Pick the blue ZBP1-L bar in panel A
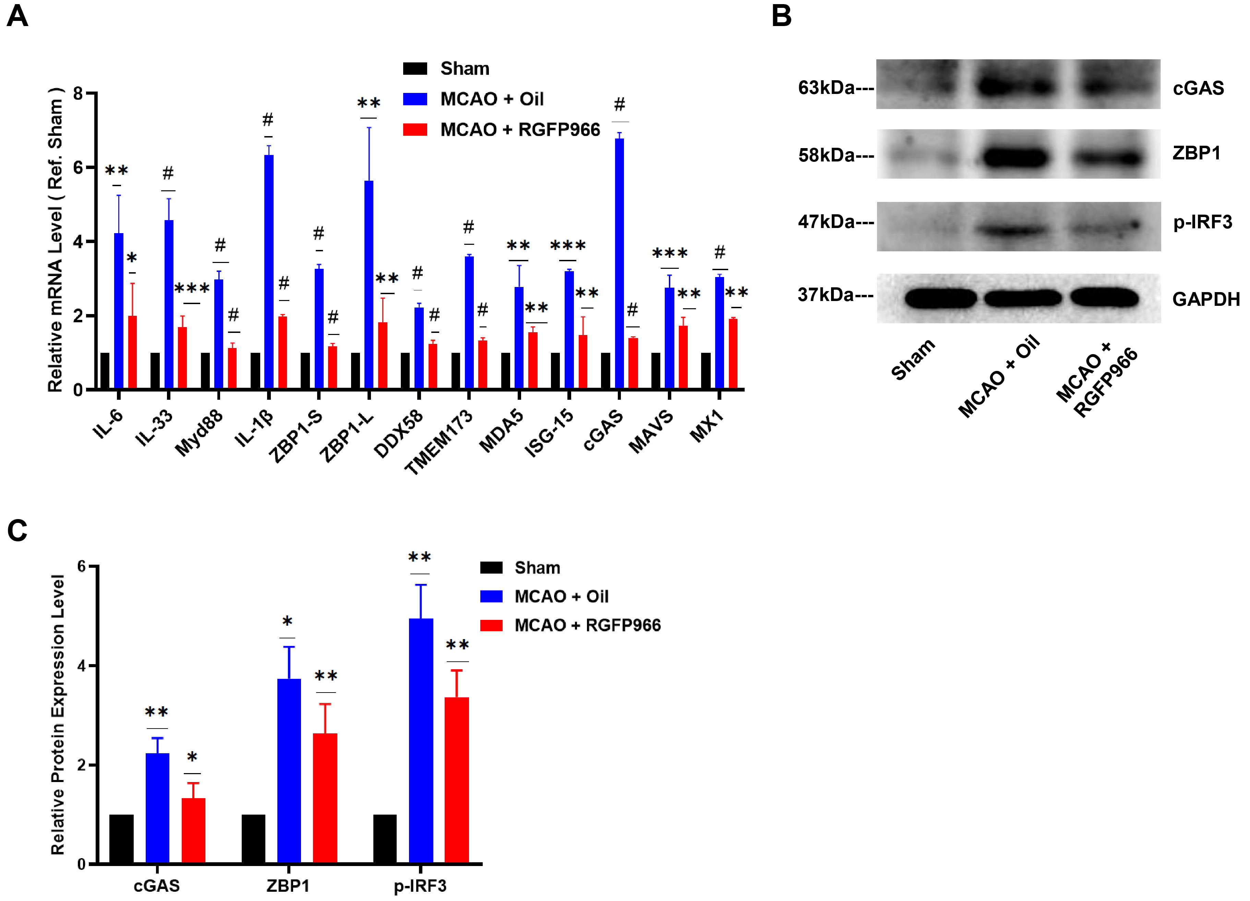tap(369, 284)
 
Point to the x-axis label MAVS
tap(651, 432)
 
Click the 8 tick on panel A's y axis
tap(78, 94)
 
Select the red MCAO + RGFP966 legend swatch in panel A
tap(415, 130)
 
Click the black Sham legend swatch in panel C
tap(491, 568)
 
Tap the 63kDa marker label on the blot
tap(826, 88)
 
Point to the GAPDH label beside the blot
tap(1205, 299)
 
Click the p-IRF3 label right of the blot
tap(1202, 222)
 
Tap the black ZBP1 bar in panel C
tap(253, 839)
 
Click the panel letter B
tap(781, 16)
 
